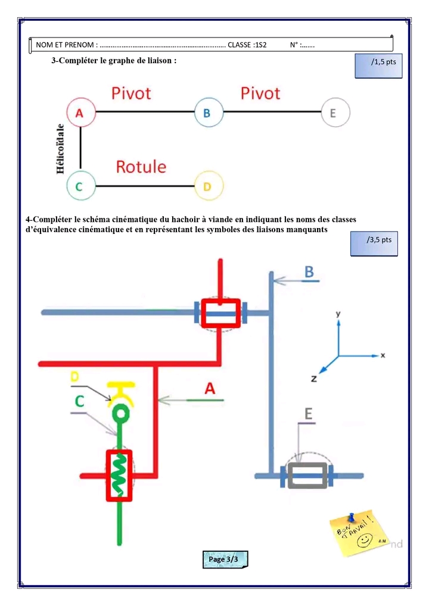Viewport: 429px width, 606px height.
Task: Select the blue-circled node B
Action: pyautogui.click(x=209, y=112)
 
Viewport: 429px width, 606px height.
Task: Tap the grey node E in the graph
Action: pyautogui.click(x=335, y=112)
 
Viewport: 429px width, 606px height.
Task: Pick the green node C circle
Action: pyautogui.click(x=81, y=186)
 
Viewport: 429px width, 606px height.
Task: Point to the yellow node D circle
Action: pyautogui.click(x=209, y=186)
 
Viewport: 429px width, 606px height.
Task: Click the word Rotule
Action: pyautogui.click(x=141, y=167)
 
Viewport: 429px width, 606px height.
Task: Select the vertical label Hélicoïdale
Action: pyautogui.click(x=61, y=149)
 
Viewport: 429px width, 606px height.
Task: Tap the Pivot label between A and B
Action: pyautogui.click(x=132, y=93)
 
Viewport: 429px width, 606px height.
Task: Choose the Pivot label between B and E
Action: pyautogui.click(x=260, y=93)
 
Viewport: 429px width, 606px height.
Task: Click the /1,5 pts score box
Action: pyautogui.click(x=378, y=65)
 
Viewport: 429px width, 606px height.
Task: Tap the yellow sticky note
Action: pyautogui.click(x=359, y=532)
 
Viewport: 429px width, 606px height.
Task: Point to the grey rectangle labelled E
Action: pyautogui.click(x=307, y=476)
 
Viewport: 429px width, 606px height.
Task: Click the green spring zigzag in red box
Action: pyautogui.click(x=119, y=474)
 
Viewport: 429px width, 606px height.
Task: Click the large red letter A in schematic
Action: pyautogui.click(x=210, y=389)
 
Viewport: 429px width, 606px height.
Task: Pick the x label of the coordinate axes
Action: pyautogui.click(x=383, y=355)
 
